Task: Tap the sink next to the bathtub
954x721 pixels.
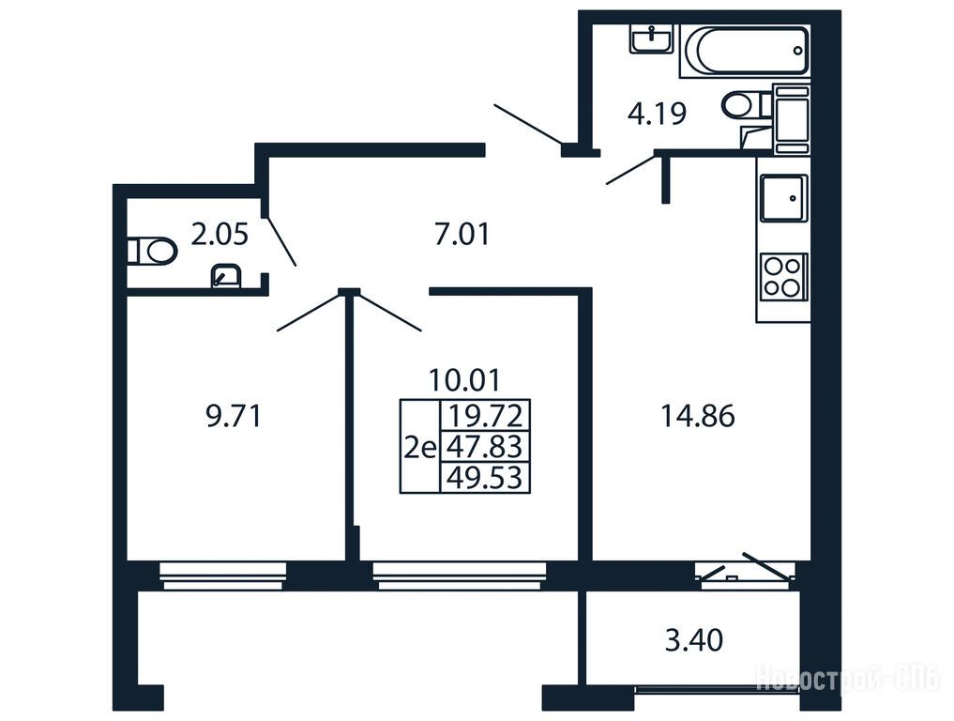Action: click(x=651, y=39)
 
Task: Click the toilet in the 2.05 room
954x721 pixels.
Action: click(x=152, y=251)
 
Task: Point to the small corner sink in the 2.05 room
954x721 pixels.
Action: click(x=226, y=276)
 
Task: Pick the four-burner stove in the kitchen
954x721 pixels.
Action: click(x=783, y=276)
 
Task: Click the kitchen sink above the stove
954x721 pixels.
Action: click(x=783, y=198)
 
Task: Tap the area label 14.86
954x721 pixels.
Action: click(x=697, y=417)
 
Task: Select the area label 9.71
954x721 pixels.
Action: click(x=234, y=417)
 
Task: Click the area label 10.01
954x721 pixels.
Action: click(x=464, y=380)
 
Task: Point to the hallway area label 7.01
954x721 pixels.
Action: click(x=462, y=235)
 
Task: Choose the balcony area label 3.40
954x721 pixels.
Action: click(x=693, y=640)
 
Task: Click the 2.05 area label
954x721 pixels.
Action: click(x=220, y=235)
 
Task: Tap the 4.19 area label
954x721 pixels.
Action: click(x=657, y=114)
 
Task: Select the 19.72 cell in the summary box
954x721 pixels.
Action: click(x=485, y=416)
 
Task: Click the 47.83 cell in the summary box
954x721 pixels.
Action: click(x=485, y=447)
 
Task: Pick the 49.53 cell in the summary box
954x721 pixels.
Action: click(x=485, y=478)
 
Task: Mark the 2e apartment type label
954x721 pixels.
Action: click(x=420, y=449)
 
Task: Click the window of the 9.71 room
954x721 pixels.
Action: click(x=222, y=576)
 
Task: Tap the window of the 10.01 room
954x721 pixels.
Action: click(x=460, y=576)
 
